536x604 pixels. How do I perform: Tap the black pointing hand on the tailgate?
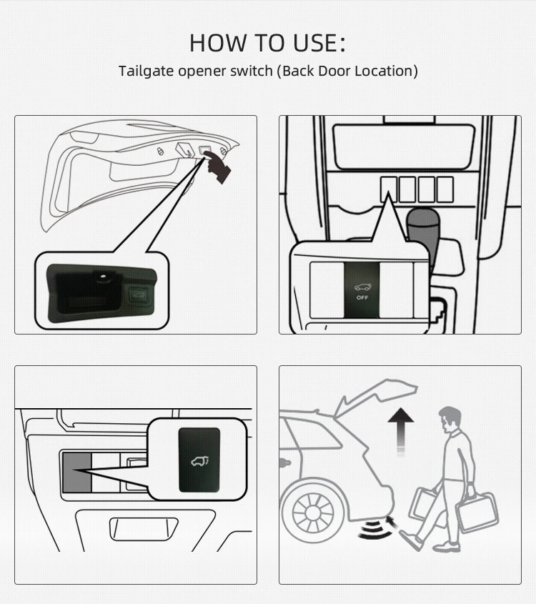tap(217, 167)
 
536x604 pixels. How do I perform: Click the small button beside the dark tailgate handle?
tap(138, 295)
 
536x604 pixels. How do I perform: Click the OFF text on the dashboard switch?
tap(362, 298)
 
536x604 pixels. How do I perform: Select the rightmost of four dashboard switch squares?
tap(445, 189)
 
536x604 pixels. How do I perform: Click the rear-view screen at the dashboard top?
tap(404, 147)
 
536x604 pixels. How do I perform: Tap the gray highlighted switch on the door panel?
tap(77, 472)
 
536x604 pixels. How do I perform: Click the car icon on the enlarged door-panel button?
tap(199, 461)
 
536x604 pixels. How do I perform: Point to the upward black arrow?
tap(401, 432)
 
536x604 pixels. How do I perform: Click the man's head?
tap(450, 420)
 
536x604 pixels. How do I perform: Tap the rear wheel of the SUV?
tap(314, 512)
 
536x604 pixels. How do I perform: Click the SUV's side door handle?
tap(285, 462)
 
